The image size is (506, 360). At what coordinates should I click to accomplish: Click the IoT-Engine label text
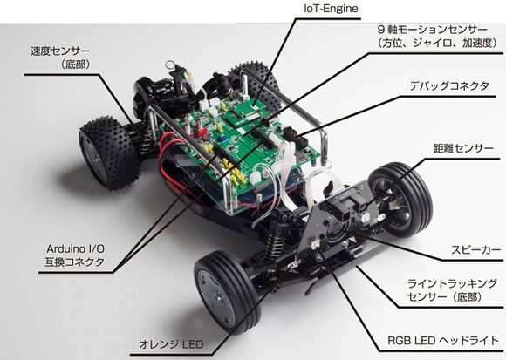coord(332,9)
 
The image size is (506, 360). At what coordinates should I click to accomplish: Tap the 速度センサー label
coord(60,51)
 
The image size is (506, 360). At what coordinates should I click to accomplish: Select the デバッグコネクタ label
coord(449,86)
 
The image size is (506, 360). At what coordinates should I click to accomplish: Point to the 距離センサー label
coord(463,148)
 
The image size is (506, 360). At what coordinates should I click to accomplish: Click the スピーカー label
coord(476,250)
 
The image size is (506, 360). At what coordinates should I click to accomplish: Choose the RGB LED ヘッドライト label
coord(443,341)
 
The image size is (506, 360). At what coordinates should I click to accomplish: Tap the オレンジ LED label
coord(171,344)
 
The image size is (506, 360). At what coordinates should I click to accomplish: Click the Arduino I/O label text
coord(75,248)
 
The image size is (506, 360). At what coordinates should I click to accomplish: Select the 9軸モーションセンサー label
coord(433,30)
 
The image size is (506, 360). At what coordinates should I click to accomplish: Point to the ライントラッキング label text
coord(452,283)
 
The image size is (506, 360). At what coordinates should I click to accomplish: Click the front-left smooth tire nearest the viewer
coord(226,292)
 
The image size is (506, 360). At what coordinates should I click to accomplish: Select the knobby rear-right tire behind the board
coord(254,83)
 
